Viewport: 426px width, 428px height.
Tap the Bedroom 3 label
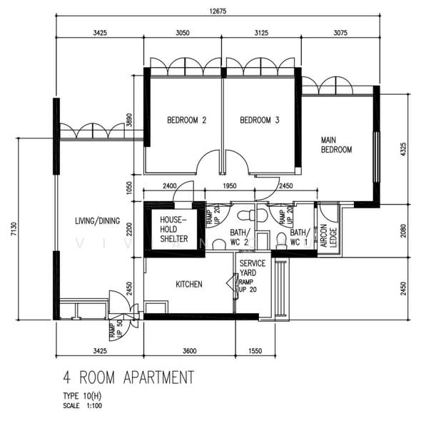pos(259,121)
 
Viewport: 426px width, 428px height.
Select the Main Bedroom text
pos(337,145)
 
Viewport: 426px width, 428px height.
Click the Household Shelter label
pos(173,230)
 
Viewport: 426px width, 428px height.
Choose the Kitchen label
pos(189,284)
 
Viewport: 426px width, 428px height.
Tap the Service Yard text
pos(253,268)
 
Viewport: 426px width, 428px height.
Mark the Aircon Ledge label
pos(327,235)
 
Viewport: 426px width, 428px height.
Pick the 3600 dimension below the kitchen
pos(188,351)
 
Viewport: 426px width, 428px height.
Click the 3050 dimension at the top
pos(183,32)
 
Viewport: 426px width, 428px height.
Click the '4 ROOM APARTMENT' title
pos(128,376)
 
